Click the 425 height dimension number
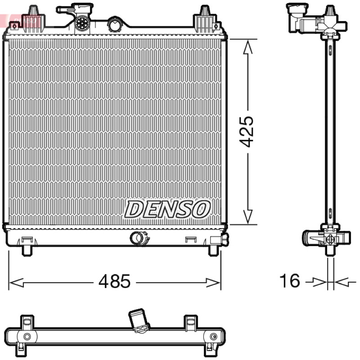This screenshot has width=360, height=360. [247, 131]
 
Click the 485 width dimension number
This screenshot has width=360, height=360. [114, 281]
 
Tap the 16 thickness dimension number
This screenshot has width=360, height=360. [289, 280]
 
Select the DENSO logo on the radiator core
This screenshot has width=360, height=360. [167, 209]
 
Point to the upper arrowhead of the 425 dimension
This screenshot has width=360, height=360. [248, 47]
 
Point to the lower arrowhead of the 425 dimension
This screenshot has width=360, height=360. [248, 216]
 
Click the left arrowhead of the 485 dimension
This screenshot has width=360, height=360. [16, 283]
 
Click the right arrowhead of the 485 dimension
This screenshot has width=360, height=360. [213, 283]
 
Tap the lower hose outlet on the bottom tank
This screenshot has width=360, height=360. [139, 238]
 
